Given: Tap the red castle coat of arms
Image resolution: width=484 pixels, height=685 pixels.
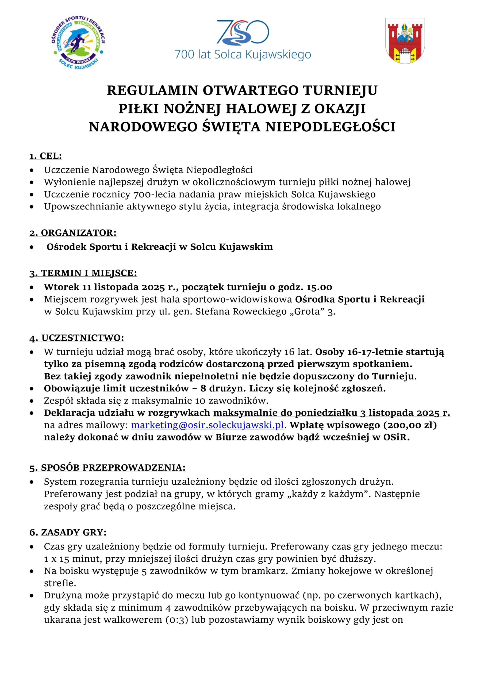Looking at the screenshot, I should point(405,41).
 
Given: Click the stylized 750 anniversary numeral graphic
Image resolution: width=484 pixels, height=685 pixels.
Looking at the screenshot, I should point(243,32).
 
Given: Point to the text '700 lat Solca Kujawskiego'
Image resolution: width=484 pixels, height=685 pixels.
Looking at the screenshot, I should point(243,55).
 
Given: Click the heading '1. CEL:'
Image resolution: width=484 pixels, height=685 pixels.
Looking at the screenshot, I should point(46,156).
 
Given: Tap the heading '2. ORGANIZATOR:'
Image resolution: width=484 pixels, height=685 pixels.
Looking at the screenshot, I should point(73,233).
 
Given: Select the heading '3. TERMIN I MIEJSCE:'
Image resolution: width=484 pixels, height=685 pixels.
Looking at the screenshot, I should point(83,273).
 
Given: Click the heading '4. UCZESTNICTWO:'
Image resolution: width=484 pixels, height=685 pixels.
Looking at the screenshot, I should point(77,338).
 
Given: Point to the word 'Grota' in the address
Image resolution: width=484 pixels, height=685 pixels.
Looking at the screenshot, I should point(307,312).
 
